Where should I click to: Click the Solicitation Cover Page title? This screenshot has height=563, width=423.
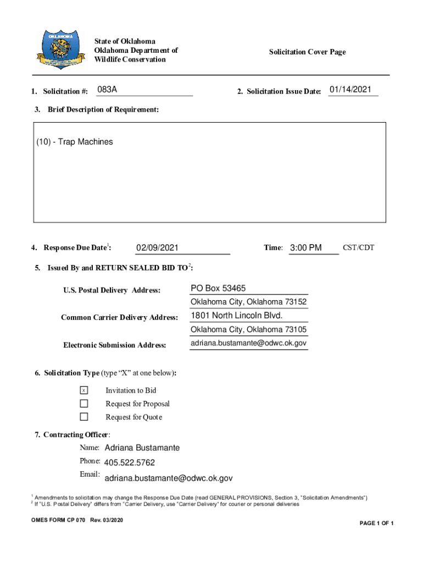[x=307, y=52]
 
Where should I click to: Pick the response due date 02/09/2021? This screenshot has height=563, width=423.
[x=158, y=248]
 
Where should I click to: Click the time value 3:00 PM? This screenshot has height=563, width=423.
[x=305, y=248]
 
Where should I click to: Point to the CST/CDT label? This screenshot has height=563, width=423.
[x=358, y=247]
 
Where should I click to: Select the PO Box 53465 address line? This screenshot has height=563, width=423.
[x=218, y=288]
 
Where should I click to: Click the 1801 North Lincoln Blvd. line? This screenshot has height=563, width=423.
[x=237, y=316]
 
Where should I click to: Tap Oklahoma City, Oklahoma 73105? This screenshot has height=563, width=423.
[x=248, y=330]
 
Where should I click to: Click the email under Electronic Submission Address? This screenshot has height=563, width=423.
[x=248, y=343]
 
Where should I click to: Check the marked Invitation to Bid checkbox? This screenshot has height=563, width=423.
[x=84, y=390]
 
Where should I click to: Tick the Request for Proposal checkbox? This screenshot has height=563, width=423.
[x=84, y=404]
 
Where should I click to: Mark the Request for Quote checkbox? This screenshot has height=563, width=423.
[x=84, y=417]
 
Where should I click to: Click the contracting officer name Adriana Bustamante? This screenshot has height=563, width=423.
[x=142, y=448]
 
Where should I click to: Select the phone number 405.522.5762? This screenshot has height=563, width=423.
[x=129, y=463]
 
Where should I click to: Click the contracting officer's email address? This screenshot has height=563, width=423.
[x=168, y=478]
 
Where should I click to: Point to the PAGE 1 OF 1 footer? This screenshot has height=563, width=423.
[x=376, y=523]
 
